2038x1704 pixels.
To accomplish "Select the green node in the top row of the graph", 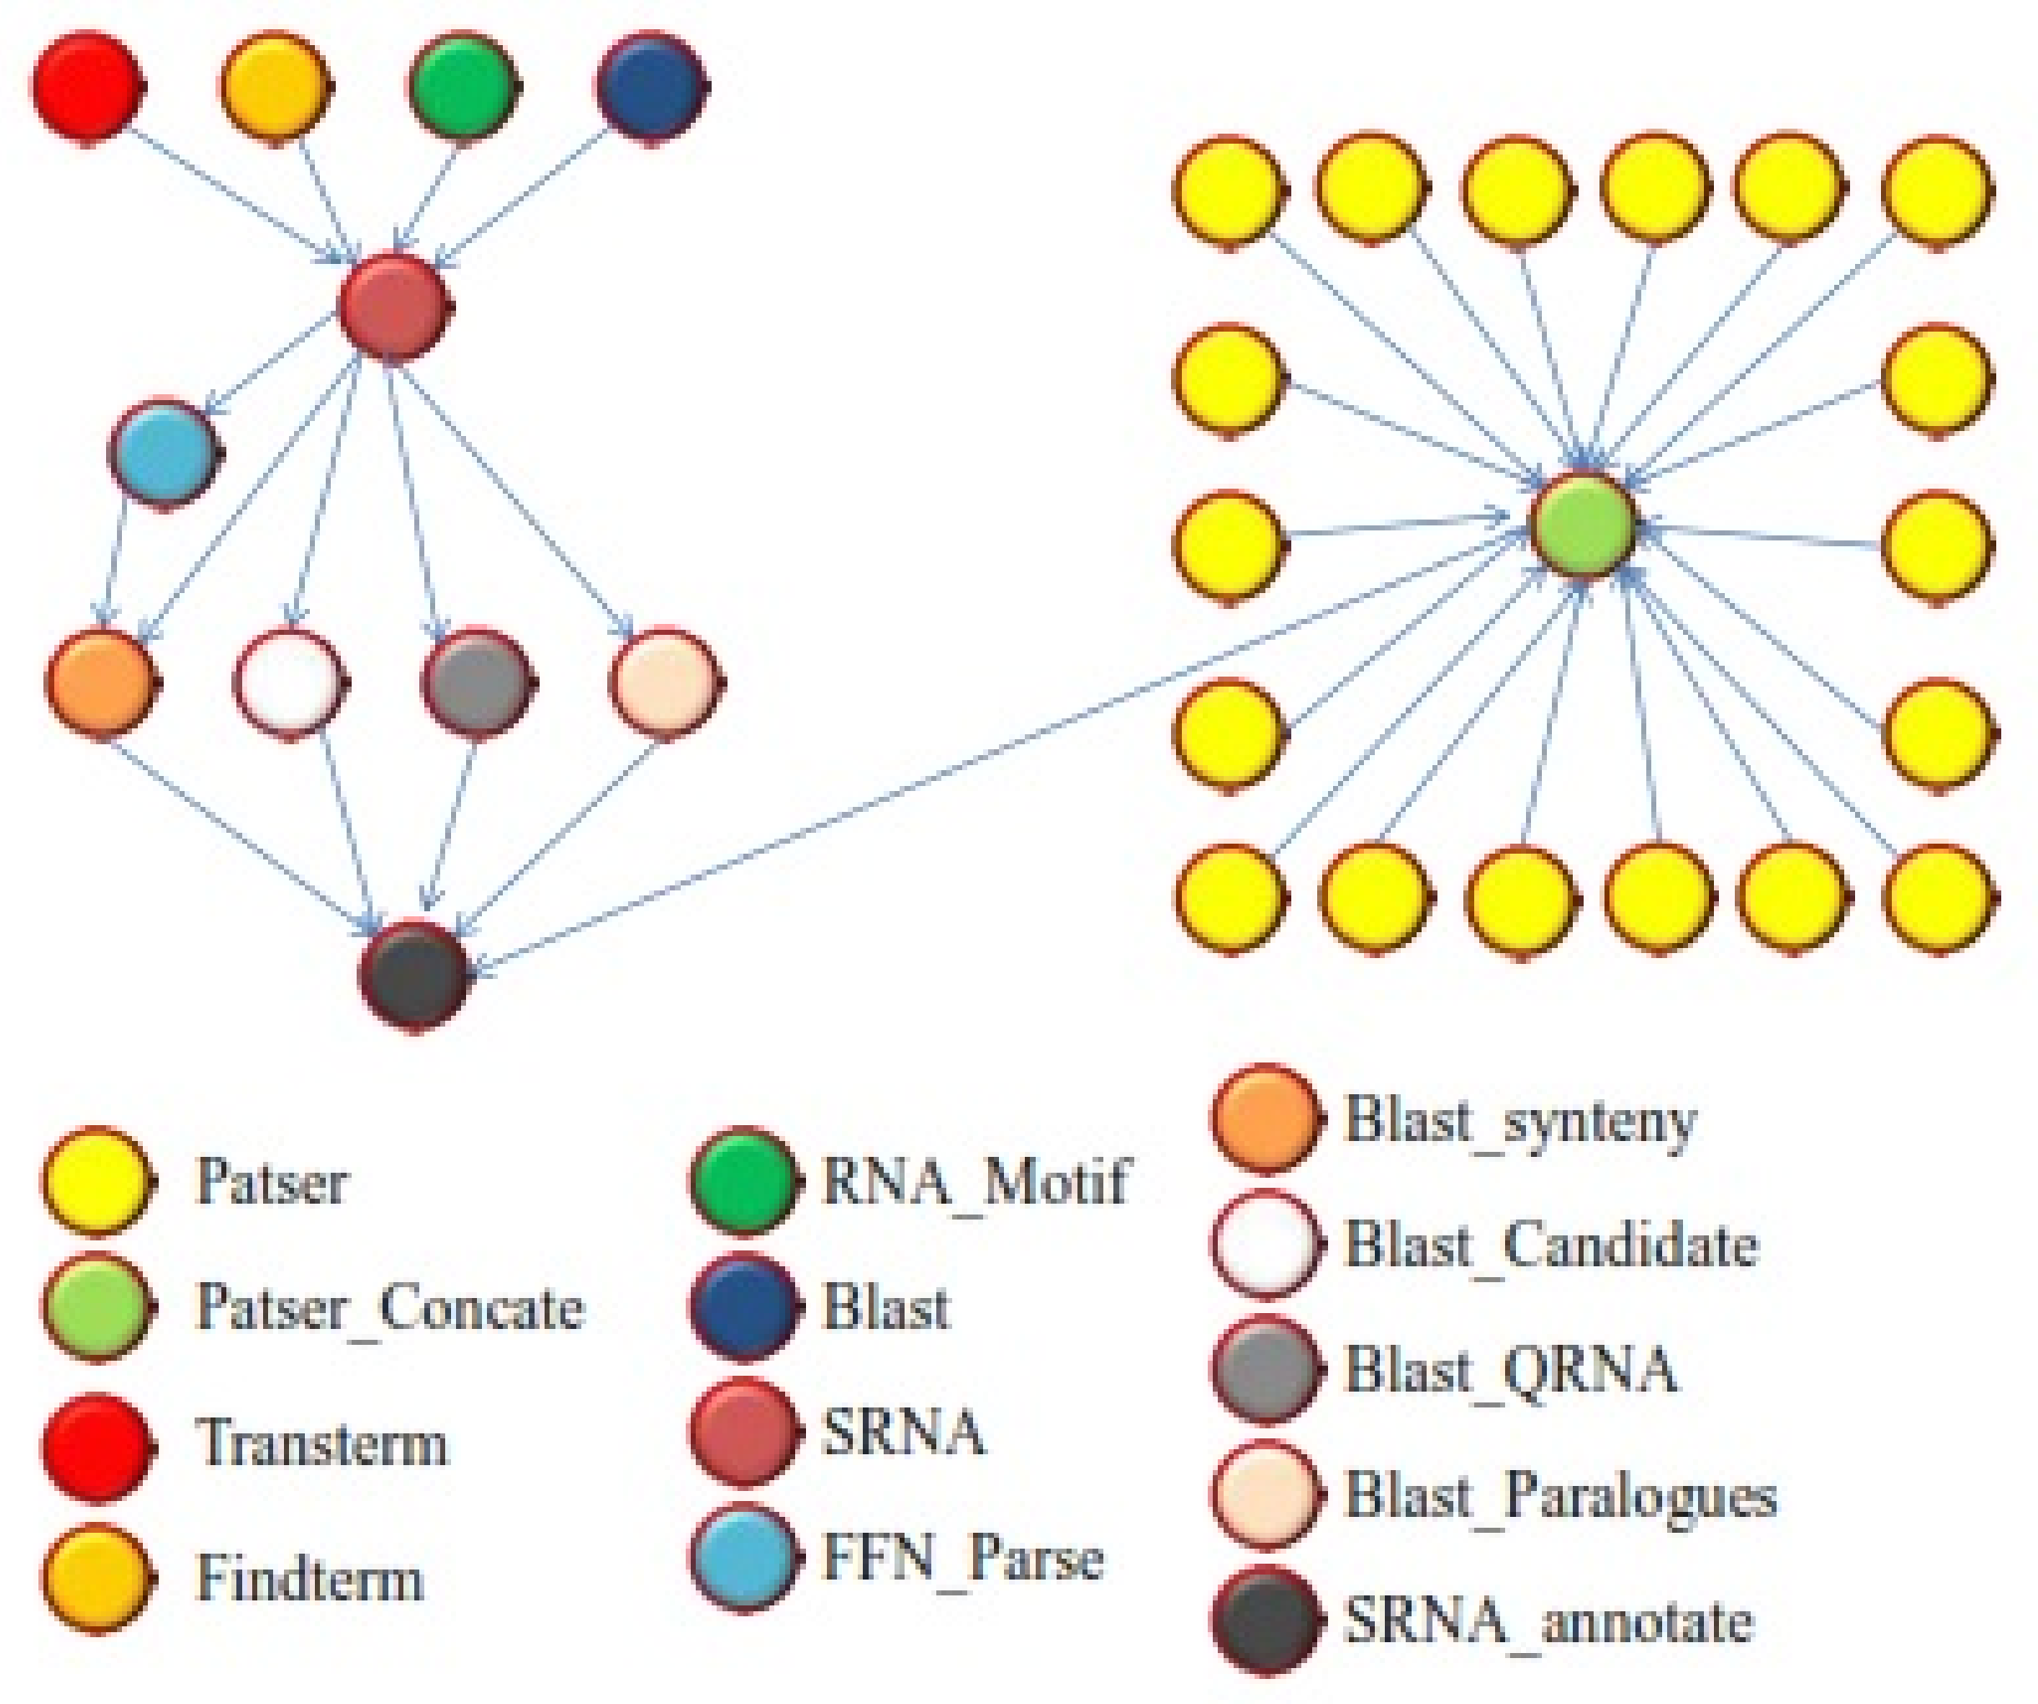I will (461, 85).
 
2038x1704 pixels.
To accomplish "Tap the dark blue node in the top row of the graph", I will (649, 85).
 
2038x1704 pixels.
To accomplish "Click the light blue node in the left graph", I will (163, 452).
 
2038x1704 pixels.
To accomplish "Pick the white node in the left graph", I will (289, 682).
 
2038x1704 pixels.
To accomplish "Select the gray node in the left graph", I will (475, 682).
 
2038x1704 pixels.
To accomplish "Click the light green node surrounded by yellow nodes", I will (1583, 527).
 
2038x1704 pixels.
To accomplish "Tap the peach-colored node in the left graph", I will (664, 682).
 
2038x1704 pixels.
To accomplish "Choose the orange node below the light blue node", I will (101, 682).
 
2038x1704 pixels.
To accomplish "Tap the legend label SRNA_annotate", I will (1549, 1621).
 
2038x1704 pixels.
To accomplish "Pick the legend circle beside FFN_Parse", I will (743, 1558).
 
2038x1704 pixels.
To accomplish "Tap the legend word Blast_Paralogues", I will (1560, 1495).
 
